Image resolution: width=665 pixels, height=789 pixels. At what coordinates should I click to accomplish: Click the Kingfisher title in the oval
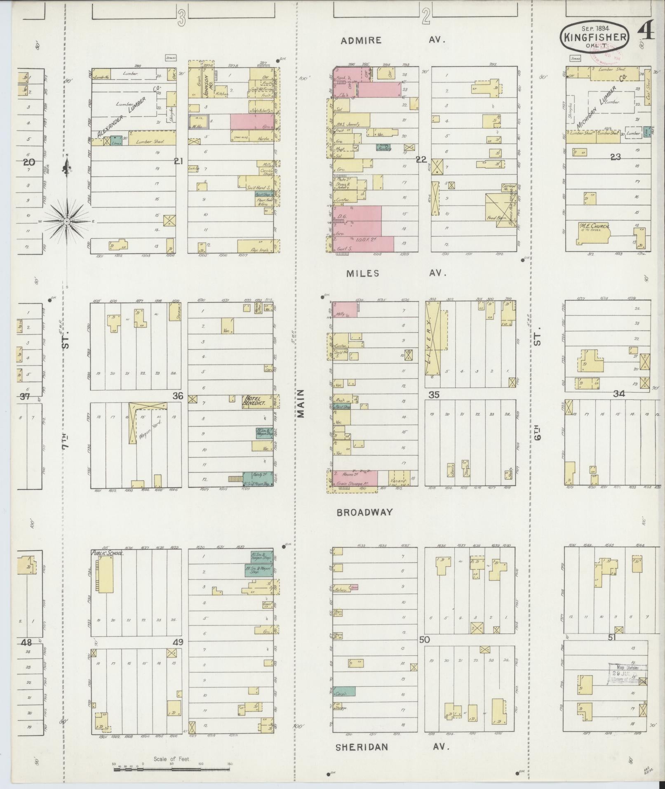pyautogui.click(x=595, y=37)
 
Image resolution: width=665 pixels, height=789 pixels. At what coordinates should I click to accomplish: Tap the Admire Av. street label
pyautogui.click(x=393, y=40)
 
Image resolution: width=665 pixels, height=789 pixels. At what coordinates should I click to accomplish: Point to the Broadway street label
pyautogui.click(x=364, y=512)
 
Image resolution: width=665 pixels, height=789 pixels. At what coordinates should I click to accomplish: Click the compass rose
pyautogui.click(x=66, y=221)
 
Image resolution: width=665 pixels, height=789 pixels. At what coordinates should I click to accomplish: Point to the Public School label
pyautogui.click(x=107, y=553)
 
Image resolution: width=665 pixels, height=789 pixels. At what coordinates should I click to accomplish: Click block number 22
pyautogui.click(x=421, y=160)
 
